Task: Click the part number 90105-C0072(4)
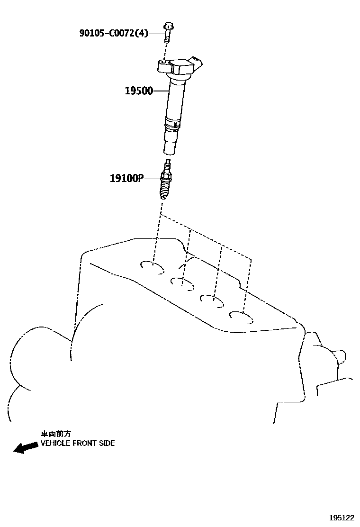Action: click(114, 33)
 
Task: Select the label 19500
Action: click(139, 91)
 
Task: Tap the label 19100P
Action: click(126, 178)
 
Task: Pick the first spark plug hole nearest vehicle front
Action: click(153, 268)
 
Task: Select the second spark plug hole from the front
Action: click(183, 283)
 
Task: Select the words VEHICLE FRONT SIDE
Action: click(77, 444)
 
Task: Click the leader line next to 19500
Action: click(161, 91)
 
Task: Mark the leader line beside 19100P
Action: click(152, 178)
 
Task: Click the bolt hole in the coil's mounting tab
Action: click(162, 62)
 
